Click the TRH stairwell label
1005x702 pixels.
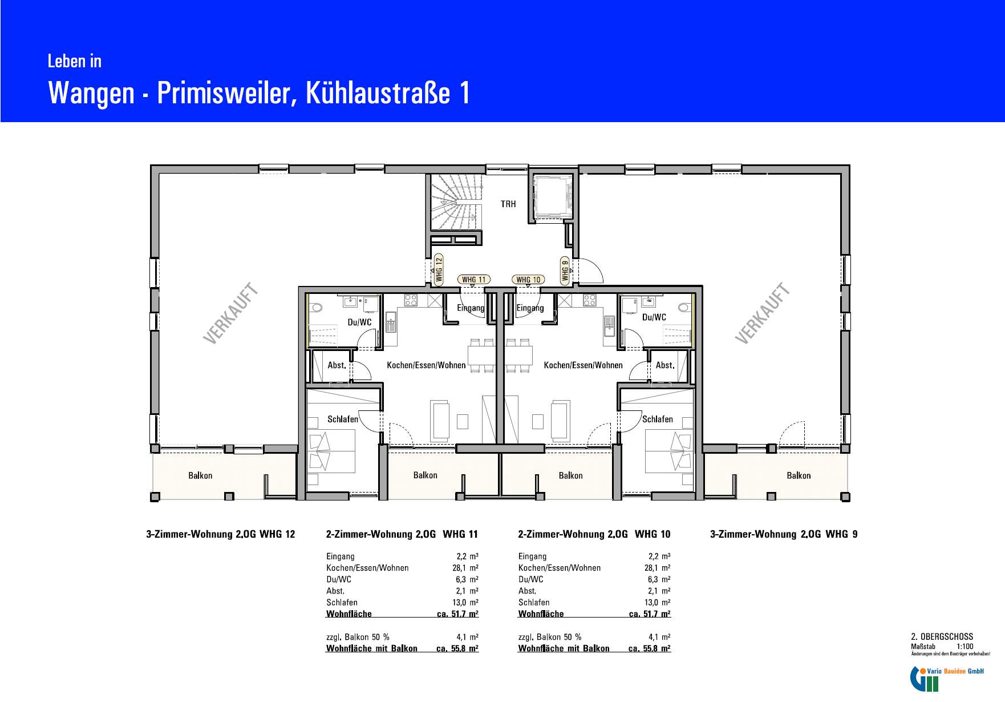pyautogui.click(x=508, y=204)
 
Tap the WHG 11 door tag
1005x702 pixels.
pyautogui.click(x=474, y=280)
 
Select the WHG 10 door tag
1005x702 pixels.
pyautogui.click(x=528, y=280)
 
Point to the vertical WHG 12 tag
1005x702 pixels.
pyautogui.click(x=439, y=269)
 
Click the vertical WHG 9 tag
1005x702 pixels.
pyautogui.click(x=565, y=271)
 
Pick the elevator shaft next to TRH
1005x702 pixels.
pyautogui.click(x=552, y=197)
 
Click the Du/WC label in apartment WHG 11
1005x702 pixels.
pyautogui.click(x=359, y=322)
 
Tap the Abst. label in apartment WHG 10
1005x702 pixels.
pyautogui.click(x=665, y=365)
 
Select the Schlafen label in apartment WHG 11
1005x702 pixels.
pyautogui.click(x=343, y=419)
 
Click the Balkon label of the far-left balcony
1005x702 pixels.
pyautogui.click(x=200, y=475)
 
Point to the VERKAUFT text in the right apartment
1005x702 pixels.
pyautogui.click(x=763, y=313)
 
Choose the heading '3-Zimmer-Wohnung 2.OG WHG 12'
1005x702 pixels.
pyautogui.click(x=221, y=534)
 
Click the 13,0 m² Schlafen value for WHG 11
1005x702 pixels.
pyautogui.click(x=467, y=603)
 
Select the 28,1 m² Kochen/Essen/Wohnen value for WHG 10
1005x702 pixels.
pyautogui.click(x=657, y=568)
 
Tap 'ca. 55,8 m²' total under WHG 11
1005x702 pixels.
pyautogui.click(x=457, y=648)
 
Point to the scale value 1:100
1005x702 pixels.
pyautogui.click(x=965, y=647)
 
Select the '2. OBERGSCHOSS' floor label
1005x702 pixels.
pyautogui.click(x=942, y=637)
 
